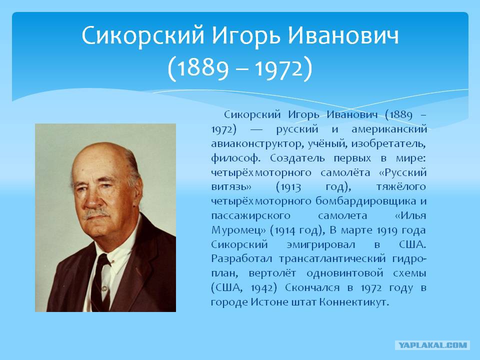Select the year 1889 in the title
pos(202,68)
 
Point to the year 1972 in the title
pos(279,68)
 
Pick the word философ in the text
pos(235,158)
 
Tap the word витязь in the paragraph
pos(231,186)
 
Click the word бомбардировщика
pos(366,201)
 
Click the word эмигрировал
pos(321,245)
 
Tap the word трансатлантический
pos(332,259)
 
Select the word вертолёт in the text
pos(272,273)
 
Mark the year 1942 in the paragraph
pos(261,288)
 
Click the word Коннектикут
pos(354,302)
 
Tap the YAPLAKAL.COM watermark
pos(432,345)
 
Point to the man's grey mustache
pos(96,213)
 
